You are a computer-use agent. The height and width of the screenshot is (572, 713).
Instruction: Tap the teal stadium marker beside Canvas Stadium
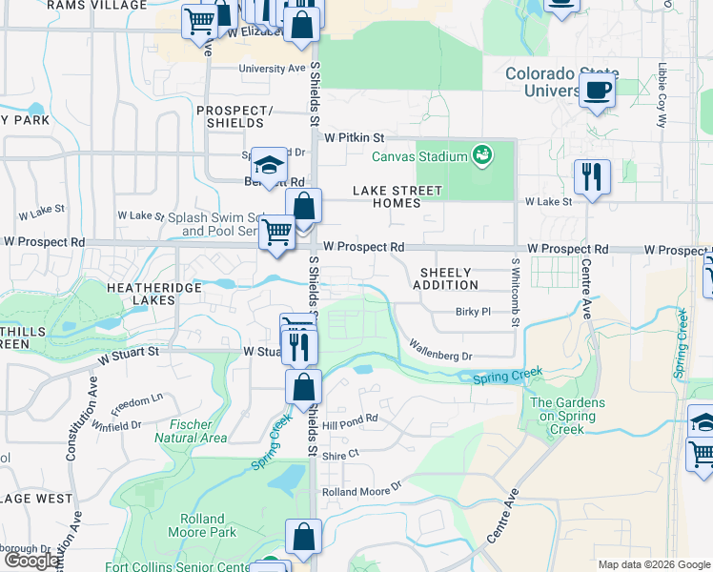click(482, 155)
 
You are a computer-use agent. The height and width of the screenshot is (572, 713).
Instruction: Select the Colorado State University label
click(561, 82)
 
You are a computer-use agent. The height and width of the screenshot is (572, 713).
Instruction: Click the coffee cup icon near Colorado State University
click(597, 92)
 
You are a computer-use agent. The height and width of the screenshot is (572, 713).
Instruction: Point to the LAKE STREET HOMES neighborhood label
click(397, 196)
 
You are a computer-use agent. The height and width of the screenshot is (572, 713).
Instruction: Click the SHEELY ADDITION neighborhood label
click(445, 278)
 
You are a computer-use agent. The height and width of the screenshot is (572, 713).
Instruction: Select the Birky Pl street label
click(472, 312)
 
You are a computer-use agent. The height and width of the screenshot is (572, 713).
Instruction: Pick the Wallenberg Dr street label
click(439, 350)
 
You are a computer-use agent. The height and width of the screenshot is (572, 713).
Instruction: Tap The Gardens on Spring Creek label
click(567, 417)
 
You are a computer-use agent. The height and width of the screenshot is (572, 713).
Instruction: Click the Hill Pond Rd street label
click(350, 419)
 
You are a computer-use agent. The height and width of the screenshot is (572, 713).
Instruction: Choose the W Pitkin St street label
click(354, 138)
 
